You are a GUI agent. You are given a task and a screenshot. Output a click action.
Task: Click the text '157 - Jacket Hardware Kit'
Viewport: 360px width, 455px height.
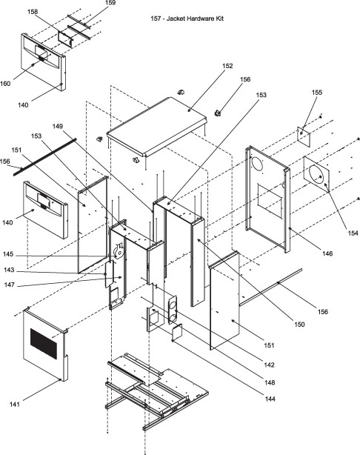187,19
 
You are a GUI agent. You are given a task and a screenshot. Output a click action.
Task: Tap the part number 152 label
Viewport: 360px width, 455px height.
227,66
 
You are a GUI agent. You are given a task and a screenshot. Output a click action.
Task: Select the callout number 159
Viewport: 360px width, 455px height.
110,3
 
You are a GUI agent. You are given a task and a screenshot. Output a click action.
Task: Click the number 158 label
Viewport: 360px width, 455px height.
33,12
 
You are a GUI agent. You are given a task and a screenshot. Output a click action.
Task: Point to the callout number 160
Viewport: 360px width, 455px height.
5,84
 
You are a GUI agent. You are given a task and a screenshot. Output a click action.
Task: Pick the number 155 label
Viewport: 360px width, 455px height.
317,93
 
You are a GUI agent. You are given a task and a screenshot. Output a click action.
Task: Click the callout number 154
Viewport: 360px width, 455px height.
353,233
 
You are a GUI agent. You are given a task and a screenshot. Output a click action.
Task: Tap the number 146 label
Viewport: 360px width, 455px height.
327,253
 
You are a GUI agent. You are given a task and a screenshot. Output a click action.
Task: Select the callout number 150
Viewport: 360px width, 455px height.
299,324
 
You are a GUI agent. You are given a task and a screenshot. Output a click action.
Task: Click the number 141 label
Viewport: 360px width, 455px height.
15,404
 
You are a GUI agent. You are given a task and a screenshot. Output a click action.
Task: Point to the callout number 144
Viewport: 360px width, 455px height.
270,399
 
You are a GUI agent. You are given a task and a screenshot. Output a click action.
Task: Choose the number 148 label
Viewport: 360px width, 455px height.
270,382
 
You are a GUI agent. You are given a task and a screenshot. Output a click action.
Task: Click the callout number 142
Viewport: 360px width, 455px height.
269,365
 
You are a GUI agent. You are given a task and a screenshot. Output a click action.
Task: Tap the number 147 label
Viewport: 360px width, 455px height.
10,285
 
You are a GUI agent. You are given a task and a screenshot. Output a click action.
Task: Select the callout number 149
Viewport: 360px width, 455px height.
58,126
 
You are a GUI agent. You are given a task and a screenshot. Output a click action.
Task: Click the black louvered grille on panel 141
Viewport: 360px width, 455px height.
44,344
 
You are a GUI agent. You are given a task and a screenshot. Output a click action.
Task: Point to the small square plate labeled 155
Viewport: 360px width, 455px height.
304,136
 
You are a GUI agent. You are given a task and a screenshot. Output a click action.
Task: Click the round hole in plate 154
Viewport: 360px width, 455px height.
316,175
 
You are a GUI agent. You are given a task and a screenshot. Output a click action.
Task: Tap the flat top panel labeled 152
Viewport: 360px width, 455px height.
156,126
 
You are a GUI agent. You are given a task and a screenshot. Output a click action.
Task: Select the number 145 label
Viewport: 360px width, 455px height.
8,254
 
